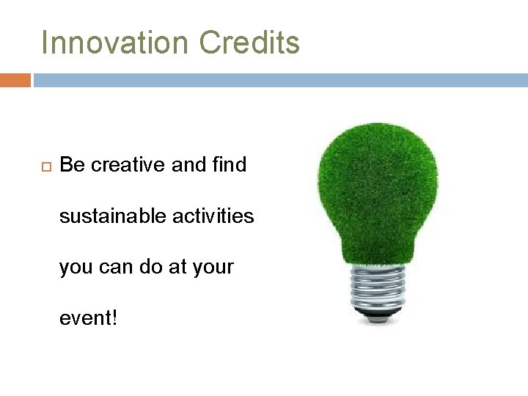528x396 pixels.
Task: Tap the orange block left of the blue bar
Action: (x=15, y=80)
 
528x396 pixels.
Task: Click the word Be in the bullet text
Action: (x=71, y=165)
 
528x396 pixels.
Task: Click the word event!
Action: (x=88, y=319)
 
